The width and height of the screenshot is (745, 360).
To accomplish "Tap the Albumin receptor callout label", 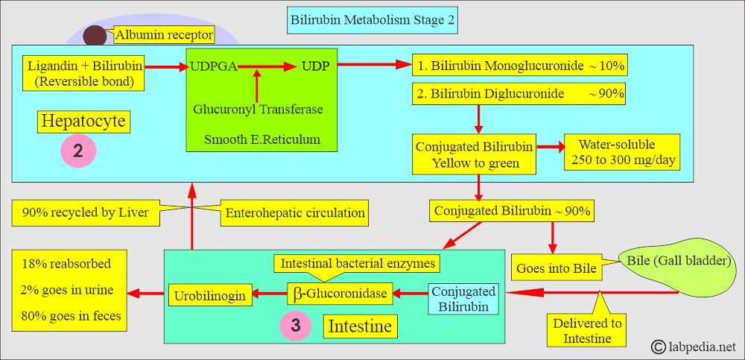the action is click(165, 35).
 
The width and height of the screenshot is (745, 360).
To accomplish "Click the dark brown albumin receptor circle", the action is click(95, 36).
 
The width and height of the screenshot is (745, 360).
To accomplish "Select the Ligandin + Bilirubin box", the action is click(84, 74).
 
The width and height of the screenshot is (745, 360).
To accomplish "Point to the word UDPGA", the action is click(213, 66).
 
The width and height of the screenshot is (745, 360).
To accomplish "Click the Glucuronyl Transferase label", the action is click(258, 109).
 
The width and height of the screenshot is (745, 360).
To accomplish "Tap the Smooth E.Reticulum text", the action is click(261, 139).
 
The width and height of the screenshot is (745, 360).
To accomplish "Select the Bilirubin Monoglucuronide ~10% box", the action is click(520, 66).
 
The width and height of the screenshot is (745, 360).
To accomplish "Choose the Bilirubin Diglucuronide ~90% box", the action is click(519, 94).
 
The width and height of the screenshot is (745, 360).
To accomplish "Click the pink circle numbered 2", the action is click(78, 151).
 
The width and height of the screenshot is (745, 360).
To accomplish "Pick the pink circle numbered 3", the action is click(296, 325).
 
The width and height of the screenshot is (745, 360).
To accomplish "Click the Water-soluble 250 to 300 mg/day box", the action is click(622, 152).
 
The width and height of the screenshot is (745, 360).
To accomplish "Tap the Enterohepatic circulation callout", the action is click(294, 212).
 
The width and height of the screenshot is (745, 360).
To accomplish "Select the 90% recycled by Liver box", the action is click(86, 212).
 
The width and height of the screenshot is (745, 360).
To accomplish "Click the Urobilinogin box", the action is click(209, 295).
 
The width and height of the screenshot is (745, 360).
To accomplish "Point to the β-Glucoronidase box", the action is click(340, 294).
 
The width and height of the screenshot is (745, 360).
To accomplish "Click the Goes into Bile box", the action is click(556, 268).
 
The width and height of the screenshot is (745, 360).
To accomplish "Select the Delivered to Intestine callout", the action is click(587, 331).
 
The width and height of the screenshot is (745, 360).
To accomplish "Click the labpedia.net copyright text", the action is click(693, 347).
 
